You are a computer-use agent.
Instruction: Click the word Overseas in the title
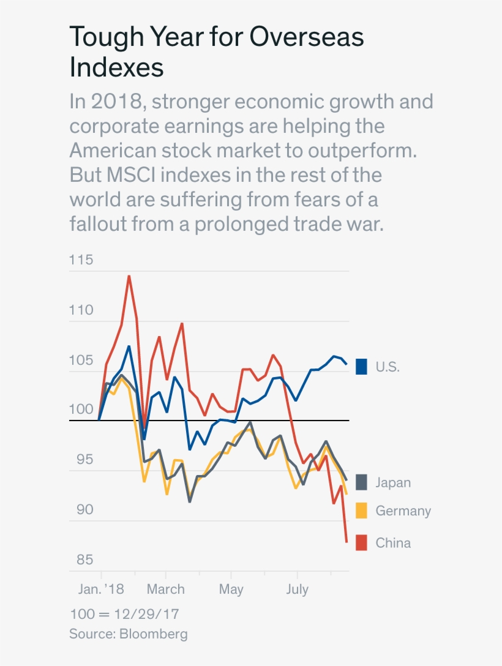click(x=307, y=37)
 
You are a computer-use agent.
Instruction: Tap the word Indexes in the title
click(x=116, y=67)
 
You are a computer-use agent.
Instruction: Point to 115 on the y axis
click(x=81, y=260)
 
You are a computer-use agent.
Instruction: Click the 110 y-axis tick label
click(x=81, y=310)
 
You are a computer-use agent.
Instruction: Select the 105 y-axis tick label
click(x=81, y=360)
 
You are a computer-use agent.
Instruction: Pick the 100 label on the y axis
click(x=81, y=410)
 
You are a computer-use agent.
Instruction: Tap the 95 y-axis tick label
click(x=81, y=460)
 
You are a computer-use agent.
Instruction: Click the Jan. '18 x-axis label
click(x=101, y=589)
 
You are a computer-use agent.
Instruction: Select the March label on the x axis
click(x=165, y=589)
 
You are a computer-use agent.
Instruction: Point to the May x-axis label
click(x=231, y=589)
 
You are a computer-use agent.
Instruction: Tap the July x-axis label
click(x=297, y=589)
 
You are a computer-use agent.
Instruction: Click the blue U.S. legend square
click(x=361, y=367)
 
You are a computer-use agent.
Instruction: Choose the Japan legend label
click(x=393, y=482)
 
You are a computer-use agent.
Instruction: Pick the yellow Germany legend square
click(x=361, y=511)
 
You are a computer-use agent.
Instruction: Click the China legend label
click(x=393, y=543)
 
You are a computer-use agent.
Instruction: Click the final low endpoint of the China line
click(x=347, y=542)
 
